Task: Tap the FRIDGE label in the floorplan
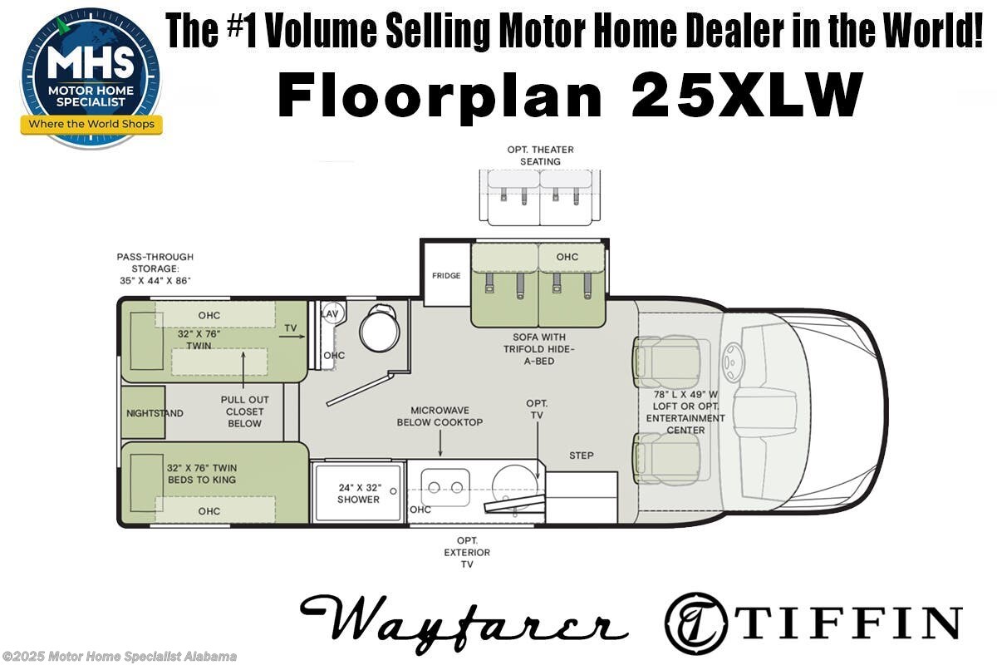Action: click(445, 276)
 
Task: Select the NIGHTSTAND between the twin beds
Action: click(155, 413)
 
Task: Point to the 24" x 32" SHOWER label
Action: click(358, 493)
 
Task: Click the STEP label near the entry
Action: click(581, 456)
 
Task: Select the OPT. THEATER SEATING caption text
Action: click(540, 155)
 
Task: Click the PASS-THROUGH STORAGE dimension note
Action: click(155, 268)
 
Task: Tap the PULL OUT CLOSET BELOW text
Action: click(244, 411)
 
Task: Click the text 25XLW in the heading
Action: click(745, 96)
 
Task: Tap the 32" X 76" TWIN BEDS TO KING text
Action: click(202, 473)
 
